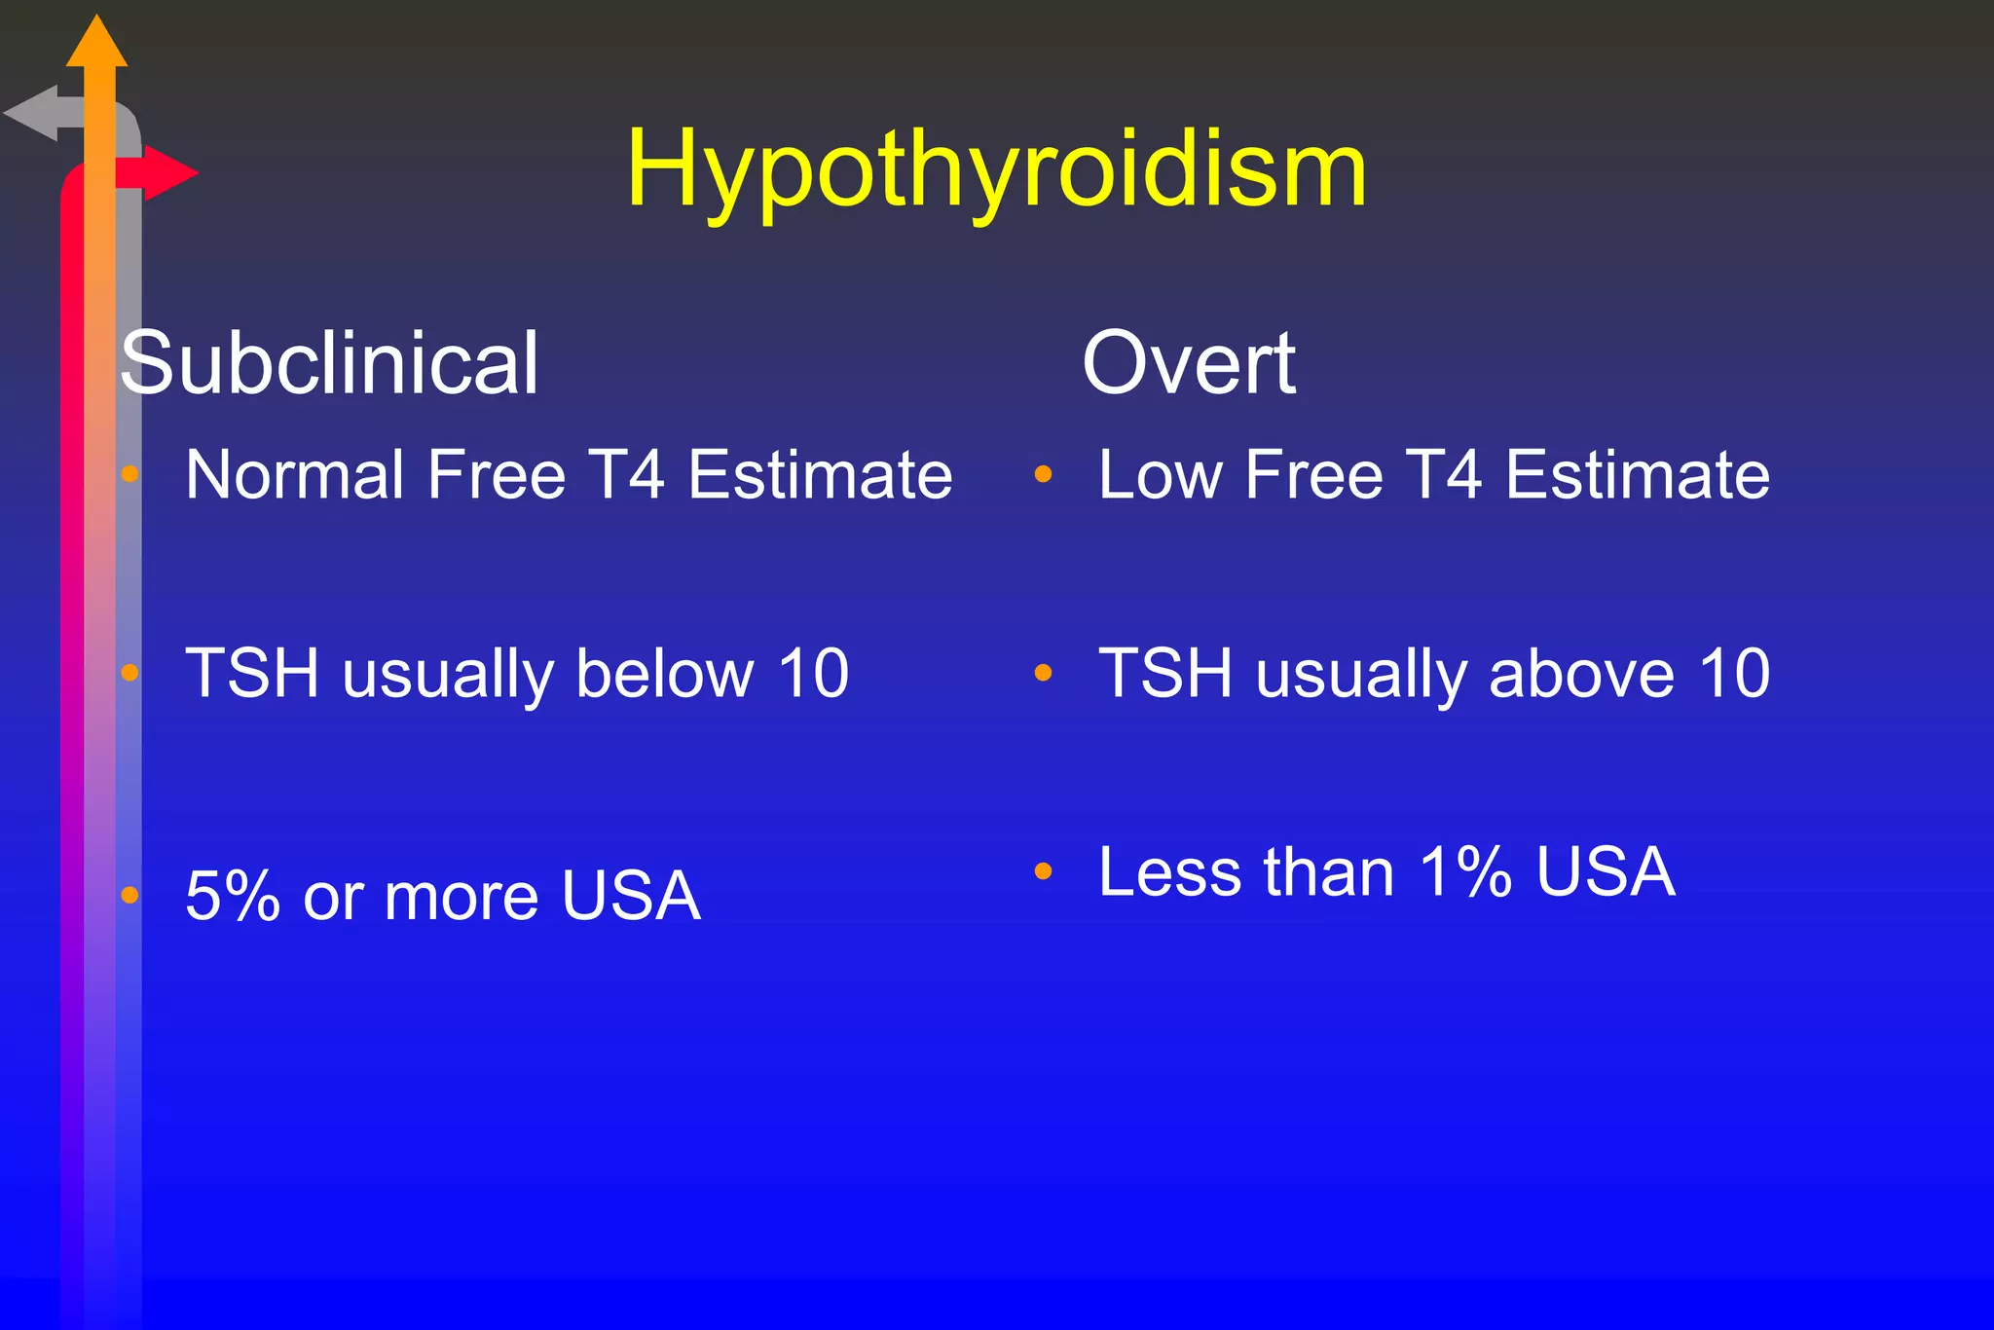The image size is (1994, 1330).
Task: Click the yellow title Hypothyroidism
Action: pos(996,171)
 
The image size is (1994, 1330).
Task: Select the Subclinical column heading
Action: pos(329,363)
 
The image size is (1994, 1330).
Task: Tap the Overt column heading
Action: pos(1189,363)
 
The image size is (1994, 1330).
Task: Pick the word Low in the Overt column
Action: pos(1160,475)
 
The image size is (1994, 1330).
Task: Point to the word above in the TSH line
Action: pos(1581,673)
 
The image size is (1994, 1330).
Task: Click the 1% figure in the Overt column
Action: pos(1465,871)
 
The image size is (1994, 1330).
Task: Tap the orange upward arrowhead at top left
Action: pos(96,44)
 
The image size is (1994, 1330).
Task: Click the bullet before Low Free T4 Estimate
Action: pos(1044,475)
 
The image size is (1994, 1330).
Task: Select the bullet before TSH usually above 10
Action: pos(1044,673)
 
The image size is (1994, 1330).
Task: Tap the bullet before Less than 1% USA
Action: pos(1044,871)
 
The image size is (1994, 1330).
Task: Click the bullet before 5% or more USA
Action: pos(130,896)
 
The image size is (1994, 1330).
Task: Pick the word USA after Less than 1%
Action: pos(1606,871)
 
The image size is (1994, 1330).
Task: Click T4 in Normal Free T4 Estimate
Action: pos(628,475)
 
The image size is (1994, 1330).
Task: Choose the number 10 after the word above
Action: pos(1734,673)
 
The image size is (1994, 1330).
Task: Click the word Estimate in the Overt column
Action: pos(1638,475)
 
